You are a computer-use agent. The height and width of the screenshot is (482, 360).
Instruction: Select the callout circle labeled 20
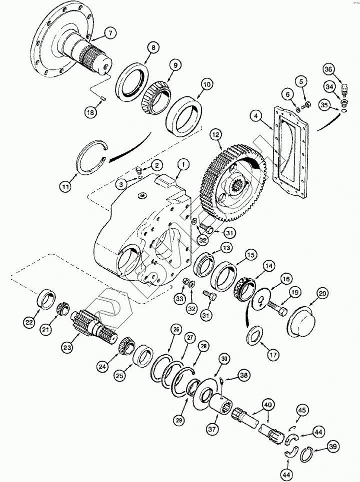(x=321, y=294)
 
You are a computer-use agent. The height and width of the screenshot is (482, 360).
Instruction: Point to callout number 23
(x=67, y=346)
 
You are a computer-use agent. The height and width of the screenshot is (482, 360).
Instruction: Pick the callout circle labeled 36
(x=341, y=69)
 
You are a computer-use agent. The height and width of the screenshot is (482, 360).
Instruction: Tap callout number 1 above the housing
(x=183, y=163)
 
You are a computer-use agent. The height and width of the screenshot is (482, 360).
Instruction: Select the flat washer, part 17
(x=255, y=334)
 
